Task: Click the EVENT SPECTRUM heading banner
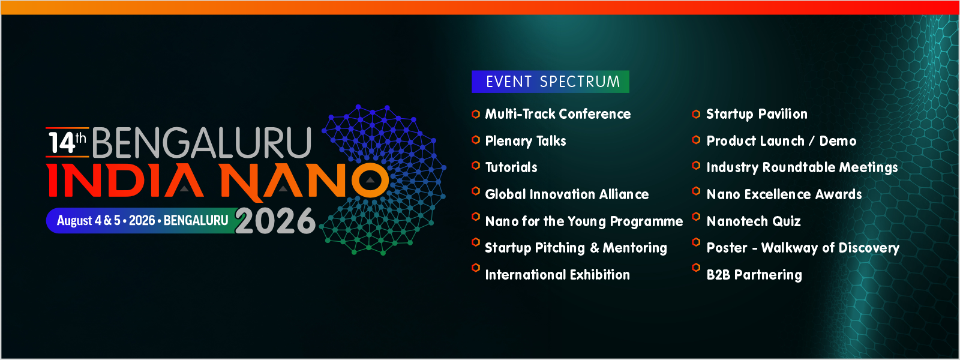[x=550, y=82]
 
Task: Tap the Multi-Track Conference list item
[x=557, y=114]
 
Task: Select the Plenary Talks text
[x=526, y=141]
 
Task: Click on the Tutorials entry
[x=511, y=167]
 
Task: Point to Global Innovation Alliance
[x=566, y=194]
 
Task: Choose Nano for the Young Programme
[x=584, y=221]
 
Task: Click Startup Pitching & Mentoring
[x=575, y=248]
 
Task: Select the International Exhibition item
[x=557, y=275]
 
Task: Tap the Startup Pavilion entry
[x=757, y=115]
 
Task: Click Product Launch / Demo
[x=781, y=141]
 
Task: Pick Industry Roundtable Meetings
[x=802, y=167]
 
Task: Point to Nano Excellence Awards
[x=784, y=194]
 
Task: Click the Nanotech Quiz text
[x=754, y=221]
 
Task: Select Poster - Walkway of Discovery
[x=803, y=248]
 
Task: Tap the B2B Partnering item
[x=754, y=275]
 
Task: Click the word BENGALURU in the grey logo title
[x=202, y=143]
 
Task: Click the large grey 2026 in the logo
[x=275, y=221]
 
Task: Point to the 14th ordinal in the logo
[x=67, y=143]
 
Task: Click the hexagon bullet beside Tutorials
[x=476, y=166]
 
